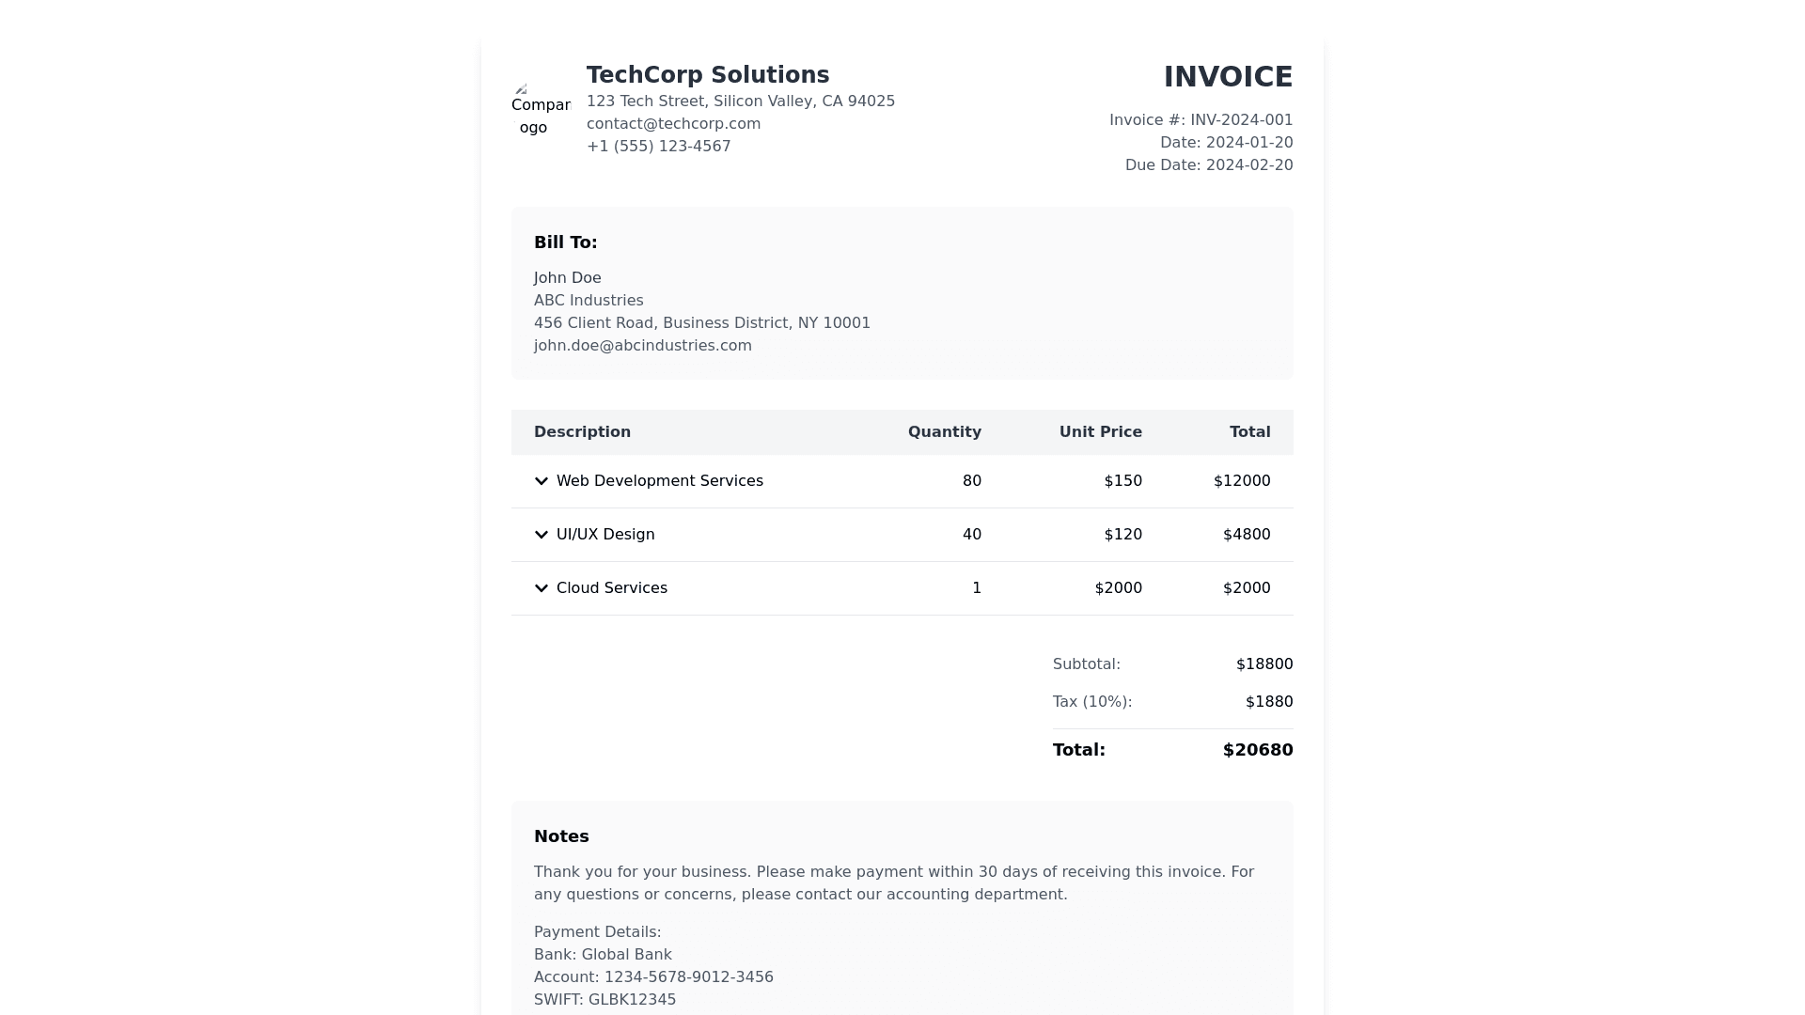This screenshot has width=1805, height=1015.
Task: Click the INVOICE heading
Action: click(1228, 77)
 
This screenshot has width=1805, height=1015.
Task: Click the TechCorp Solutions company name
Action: click(708, 75)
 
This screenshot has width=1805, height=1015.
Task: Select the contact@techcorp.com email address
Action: click(673, 124)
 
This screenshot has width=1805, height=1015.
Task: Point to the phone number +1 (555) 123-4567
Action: click(658, 147)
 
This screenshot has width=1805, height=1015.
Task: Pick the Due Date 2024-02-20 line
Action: click(1208, 165)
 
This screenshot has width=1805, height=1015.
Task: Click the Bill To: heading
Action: click(565, 242)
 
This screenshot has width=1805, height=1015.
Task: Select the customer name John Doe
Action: click(567, 278)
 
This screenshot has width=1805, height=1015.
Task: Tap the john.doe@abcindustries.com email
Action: click(642, 346)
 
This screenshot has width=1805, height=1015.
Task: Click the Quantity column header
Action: click(944, 432)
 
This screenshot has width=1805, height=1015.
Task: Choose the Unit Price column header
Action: click(1100, 432)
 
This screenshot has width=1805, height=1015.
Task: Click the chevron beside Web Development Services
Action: click(541, 481)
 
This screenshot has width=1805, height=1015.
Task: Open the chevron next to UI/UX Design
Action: click(541, 535)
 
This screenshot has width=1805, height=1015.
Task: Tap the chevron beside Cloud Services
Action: click(541, 588)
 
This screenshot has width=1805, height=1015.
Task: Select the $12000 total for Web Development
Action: click(1241, 481)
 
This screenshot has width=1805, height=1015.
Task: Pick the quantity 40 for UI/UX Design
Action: click(971, 535)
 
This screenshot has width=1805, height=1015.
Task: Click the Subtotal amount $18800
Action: click(1263, 664)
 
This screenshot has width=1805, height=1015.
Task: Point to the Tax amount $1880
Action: click(1268, 702)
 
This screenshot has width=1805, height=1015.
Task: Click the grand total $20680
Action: click(1257, 750)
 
